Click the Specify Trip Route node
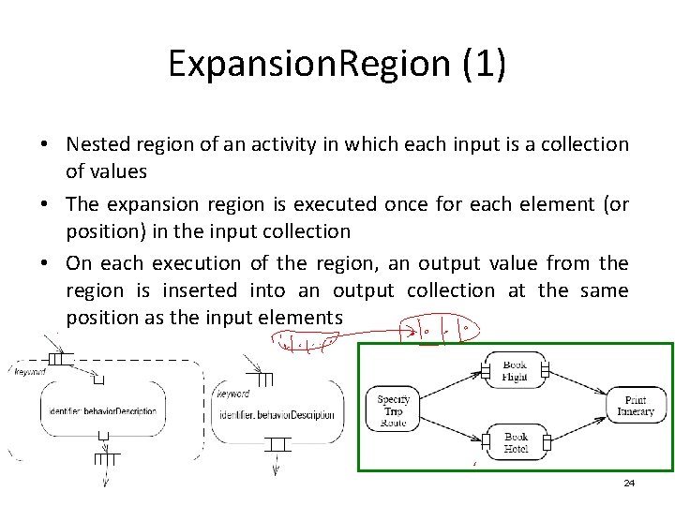pos(393,409)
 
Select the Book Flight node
pos(515,371)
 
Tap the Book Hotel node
pos(515,442)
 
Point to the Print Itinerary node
pos(635,407)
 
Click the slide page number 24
pos(629,484)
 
